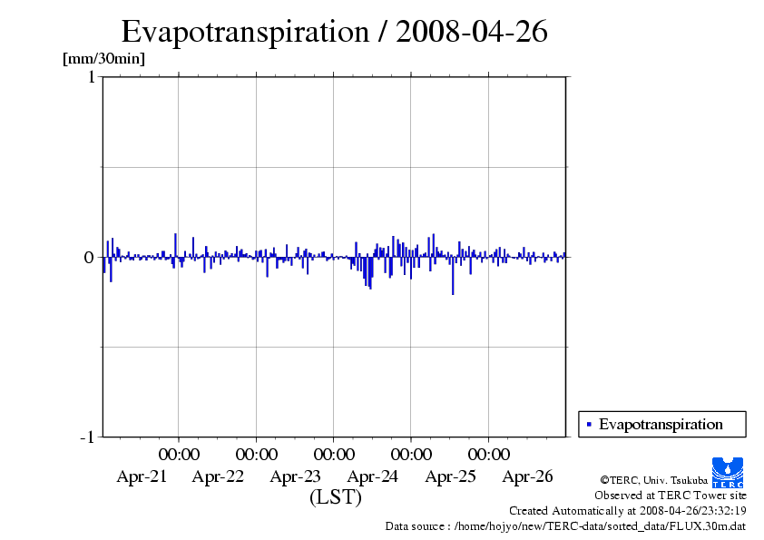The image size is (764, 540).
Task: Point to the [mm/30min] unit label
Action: tap(103, 59)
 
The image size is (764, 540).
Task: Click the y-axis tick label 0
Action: tap(89, 257)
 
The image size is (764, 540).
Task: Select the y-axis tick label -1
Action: tap(87, 437)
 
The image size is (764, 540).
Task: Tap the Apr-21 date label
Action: tap(142, 476)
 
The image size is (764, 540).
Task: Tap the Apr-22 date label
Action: tap(219, 476)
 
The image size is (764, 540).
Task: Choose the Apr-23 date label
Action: tap(296, 476)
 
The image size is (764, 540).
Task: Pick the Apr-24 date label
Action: tap(373, 476)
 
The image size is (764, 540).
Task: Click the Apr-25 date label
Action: tap(450, 476)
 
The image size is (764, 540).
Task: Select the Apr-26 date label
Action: tap(527, 476)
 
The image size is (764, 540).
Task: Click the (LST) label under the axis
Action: tap(335, 497)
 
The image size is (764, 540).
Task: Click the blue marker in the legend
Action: tap(589, 424)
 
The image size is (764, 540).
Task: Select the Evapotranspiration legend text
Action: tap(661, 424)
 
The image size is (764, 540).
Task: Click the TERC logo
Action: tap(728, 472)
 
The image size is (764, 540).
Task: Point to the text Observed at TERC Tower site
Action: tap(670, 496)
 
